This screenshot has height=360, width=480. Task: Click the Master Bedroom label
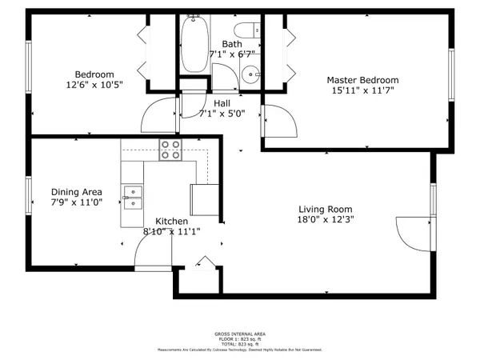coord(362,80)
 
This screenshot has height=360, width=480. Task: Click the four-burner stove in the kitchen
coord(170,150)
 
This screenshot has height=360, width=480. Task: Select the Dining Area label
coord(76,192)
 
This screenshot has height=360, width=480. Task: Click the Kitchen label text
coord(171,222)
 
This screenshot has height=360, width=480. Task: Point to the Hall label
coord(222,103)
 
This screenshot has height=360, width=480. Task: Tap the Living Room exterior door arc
coord(414,232)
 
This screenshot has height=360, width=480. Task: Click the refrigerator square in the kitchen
coord(204,198)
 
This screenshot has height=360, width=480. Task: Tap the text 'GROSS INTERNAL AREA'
coord(240,334)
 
